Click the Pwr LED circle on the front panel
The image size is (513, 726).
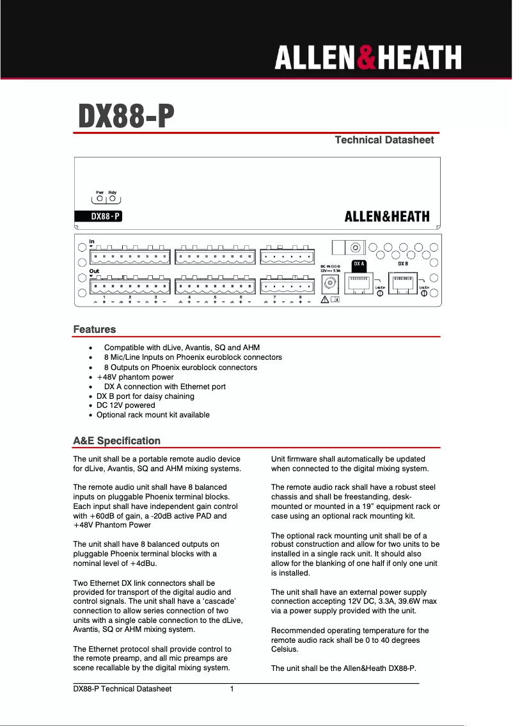(100, 198)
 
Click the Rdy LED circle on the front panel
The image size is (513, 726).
(113, 198)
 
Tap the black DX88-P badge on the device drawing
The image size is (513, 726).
(98, 216)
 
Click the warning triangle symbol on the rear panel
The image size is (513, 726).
(325, 299)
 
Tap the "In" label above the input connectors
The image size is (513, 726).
(91, 241)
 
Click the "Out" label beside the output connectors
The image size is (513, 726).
(94, 271)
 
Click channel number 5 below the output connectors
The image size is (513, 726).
(215, 297)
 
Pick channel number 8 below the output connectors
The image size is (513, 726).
(300, 297)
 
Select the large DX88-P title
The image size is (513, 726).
(126, 116)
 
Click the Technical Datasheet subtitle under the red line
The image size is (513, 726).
(384, 140)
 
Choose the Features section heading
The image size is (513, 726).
(95, 330)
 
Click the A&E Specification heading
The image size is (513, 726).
(116, 440)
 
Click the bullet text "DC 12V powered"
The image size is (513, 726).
(125, 405)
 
